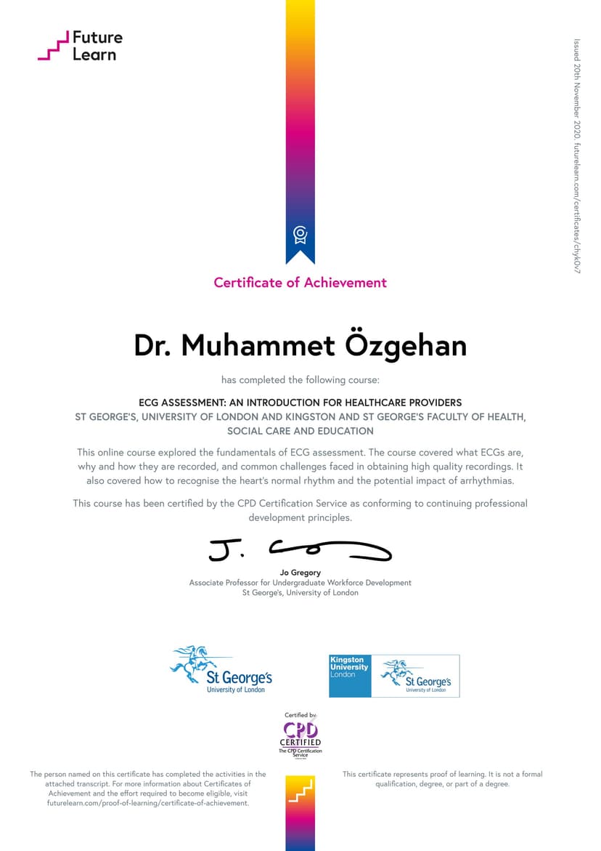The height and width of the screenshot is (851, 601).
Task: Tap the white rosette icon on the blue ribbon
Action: (300, 235)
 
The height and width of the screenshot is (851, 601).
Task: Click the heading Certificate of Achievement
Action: (300, 283)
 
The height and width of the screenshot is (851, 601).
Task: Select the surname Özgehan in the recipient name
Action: (405, 346)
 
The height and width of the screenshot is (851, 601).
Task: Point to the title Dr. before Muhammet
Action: (154, 346)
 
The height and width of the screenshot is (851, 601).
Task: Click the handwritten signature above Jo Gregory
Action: (300, 552)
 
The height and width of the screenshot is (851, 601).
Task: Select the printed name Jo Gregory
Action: (300, 573)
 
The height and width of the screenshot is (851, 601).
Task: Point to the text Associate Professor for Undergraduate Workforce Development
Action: (300, 583)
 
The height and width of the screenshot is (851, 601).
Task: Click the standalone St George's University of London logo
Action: (221, 669)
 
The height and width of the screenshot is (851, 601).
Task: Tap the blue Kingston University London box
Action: (350, 676)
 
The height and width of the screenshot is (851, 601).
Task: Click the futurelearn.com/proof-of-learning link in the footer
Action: (148, 803)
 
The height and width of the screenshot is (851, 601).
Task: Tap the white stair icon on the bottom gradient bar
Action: (300, 791)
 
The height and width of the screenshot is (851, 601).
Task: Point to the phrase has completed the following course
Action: (300, 379)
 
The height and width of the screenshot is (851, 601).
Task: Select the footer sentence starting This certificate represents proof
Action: (442, 779)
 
